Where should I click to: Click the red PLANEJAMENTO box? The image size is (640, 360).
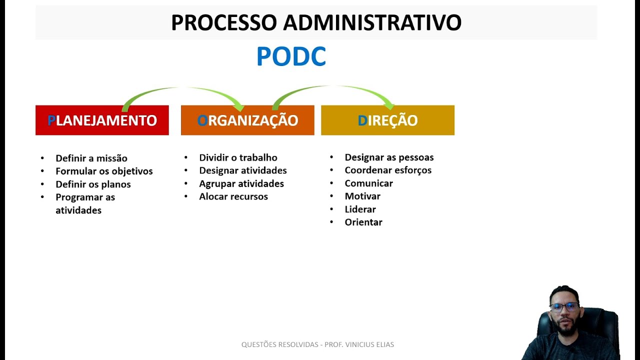point(102,120)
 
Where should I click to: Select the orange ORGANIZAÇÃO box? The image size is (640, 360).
point(247,120)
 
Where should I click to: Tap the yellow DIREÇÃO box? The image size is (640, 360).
point(387,120)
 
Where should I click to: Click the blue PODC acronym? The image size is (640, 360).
point(291,56)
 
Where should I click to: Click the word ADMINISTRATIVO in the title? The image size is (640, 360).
point(372,22)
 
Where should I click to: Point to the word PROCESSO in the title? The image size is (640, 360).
point(224,22)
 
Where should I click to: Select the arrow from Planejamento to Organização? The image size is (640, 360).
point(182,90)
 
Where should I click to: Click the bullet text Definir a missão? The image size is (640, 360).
point(91,158)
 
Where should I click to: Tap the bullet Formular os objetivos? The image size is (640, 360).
point(104,171)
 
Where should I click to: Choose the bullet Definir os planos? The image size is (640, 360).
point(93,184)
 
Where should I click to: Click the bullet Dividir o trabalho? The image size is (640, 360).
point(238,157)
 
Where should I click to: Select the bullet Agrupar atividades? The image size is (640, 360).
point(241,183)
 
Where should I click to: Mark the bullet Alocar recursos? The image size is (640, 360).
point(233,196)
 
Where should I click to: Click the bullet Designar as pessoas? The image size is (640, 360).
point(389,157)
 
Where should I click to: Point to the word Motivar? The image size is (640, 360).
point(362,196)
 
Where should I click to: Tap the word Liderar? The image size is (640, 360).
point(360,209)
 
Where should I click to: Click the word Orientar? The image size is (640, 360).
point(363,222)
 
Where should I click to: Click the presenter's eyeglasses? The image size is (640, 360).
point(564,306)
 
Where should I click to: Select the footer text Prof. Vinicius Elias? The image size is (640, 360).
point(359,344)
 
